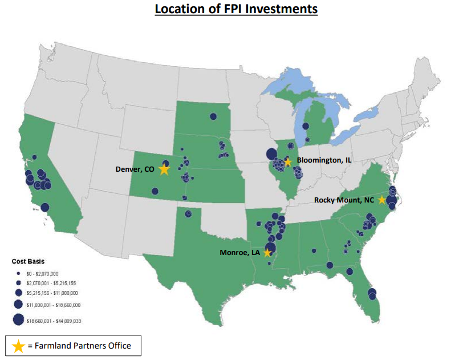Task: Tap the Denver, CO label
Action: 135,169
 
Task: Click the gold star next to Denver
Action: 164,169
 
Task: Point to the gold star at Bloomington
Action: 288,161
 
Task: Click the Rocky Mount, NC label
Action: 344,200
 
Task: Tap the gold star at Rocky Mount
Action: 381,200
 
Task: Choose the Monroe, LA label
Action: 240,252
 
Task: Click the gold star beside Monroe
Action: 267,253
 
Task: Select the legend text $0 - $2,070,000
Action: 42,274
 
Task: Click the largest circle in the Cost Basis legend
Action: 18,320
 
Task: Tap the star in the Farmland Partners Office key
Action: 18,346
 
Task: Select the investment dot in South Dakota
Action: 213,116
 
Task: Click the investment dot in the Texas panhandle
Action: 187,213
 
